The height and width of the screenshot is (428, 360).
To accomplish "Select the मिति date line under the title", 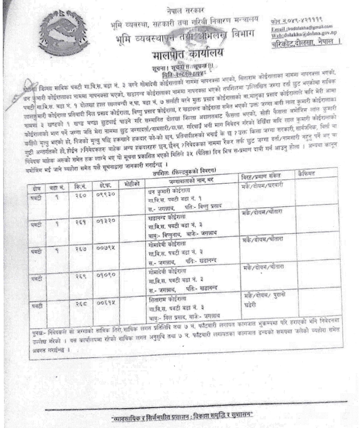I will pyautogui.click(x=182, y=68).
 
